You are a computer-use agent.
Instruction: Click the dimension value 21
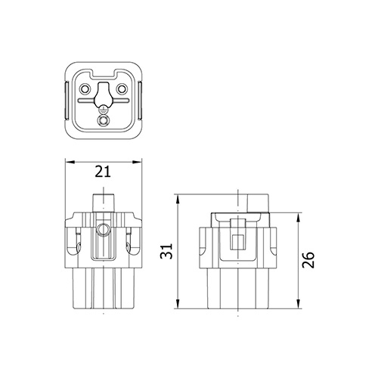click(103, 172)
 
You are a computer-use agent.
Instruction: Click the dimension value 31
click(166, 251)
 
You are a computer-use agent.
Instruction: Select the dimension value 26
click(309, 260)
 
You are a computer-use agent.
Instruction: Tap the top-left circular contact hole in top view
click(84, 88)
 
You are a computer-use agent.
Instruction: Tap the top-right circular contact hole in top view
click(122, 88)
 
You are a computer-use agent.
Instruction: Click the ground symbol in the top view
click(103, 109)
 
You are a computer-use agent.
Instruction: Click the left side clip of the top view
click(66, 101)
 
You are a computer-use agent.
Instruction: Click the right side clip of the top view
click(140, 101)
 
